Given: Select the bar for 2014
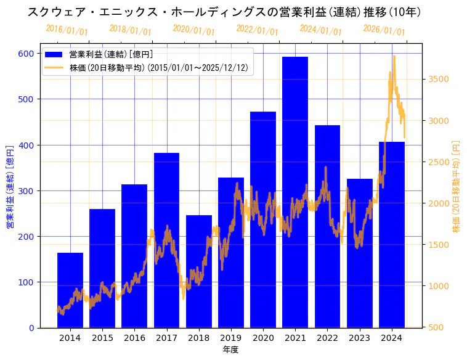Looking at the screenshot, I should (x=70, y=290).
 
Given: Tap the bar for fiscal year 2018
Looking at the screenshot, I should (x=199, y=271).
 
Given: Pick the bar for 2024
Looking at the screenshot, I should (x=392, y=235).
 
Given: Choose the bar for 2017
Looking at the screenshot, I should (x=166, y=240).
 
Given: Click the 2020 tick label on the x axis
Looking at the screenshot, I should (x=263, y=338).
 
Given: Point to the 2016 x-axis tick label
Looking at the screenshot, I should (x=134, y=338).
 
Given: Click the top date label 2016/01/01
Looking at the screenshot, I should (x=67, y=30).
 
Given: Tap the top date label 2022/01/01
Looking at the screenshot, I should (x=257, y=30).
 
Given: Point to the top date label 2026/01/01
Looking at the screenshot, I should (x=384, y=30).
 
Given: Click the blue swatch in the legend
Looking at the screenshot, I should (x=54, y=55).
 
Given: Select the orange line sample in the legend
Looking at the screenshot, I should (x=54, y=68).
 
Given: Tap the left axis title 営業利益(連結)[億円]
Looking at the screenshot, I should (x=9, y=187).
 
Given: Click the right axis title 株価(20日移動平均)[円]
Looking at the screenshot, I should (x=457, y=186).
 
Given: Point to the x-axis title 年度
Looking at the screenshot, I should (x=230, y=350).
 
